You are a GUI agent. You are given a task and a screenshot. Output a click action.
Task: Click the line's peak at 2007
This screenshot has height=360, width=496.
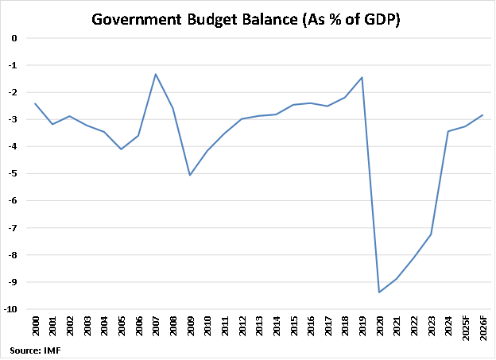click(x=155, y=74)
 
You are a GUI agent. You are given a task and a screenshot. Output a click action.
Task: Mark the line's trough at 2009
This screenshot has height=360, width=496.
click(x=190, y=175)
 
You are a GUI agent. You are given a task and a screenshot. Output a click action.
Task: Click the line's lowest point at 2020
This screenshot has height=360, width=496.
click(x=379, y=292)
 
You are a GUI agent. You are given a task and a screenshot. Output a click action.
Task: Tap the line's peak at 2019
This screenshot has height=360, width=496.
click(x=362, y=77)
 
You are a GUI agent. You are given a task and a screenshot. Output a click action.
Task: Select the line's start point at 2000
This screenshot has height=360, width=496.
click(x=35, y=103)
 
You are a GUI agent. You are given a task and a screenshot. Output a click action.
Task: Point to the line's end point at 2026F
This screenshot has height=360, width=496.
click(x=482, y=114)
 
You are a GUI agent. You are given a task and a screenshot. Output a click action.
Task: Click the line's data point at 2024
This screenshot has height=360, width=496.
click(x=448, y=131)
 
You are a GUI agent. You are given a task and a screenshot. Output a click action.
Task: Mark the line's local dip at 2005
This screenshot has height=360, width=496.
click(x=121, y=149)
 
